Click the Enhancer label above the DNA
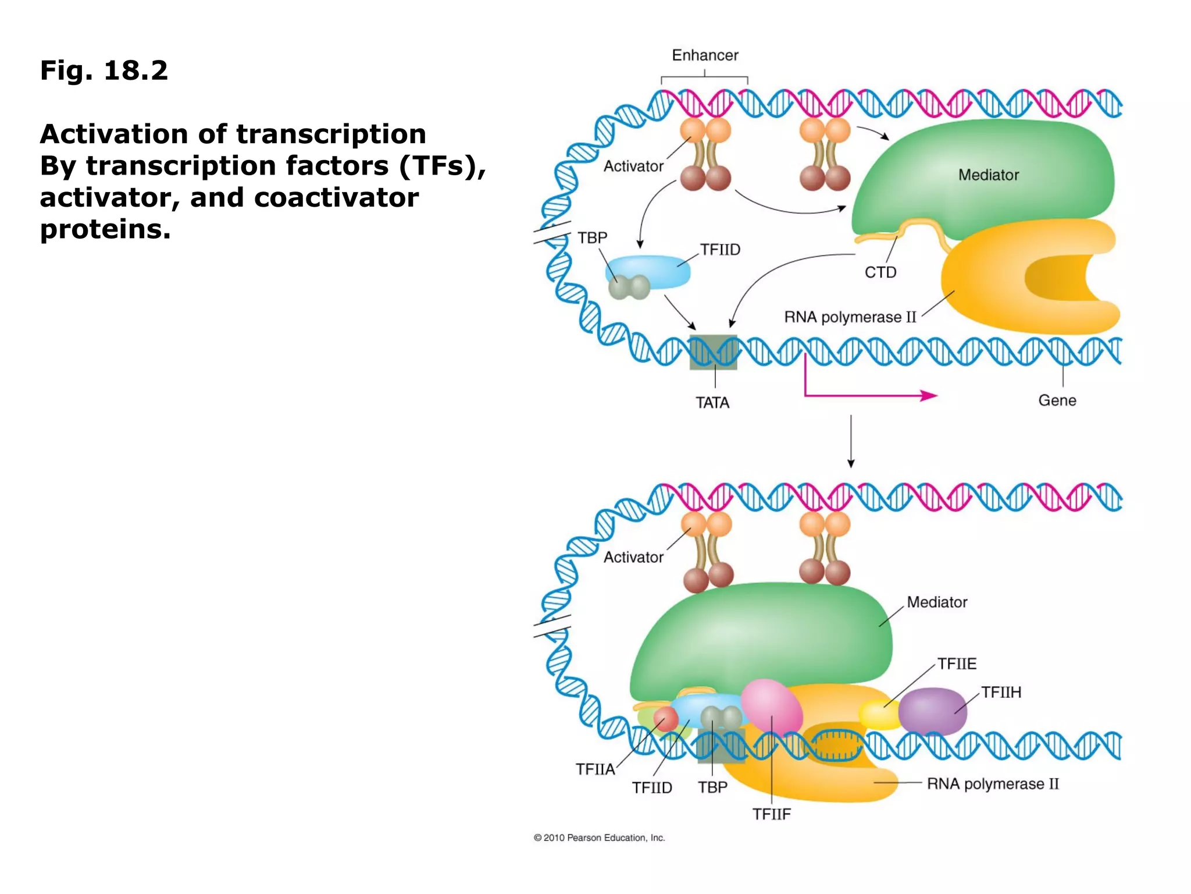pos(705,55)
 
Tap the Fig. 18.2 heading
pos(104,70)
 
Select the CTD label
pos(880,272)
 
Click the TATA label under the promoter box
pos(712,403)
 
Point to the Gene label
pos(1057,400)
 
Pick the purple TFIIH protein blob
pos(932,711)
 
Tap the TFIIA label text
pos(595,769)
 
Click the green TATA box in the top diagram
pos(713,352)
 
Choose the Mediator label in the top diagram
pos(988,175)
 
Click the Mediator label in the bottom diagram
pos(937,602)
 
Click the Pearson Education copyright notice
pos(599,838)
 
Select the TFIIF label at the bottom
pos(771,814)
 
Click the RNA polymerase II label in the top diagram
pos(850,317)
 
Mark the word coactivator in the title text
pos(336,198)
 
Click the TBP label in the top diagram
pos(591,238)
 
